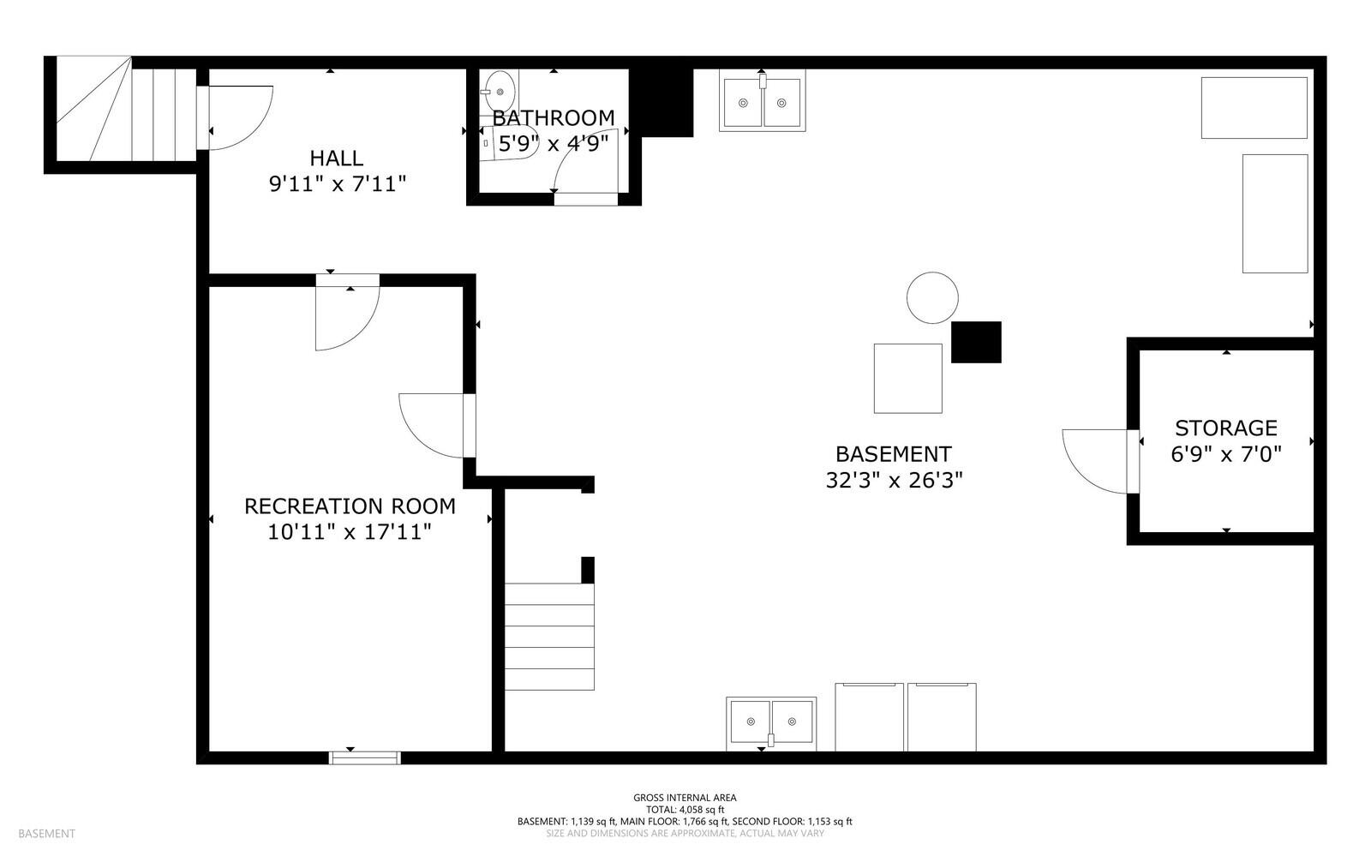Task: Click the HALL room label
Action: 336,159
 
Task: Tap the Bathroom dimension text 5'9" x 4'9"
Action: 554,144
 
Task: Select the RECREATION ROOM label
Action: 350,506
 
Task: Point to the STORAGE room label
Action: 1226,428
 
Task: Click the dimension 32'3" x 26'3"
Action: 895,481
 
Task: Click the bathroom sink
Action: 500,92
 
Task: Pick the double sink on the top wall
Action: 762,101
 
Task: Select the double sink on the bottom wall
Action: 771,723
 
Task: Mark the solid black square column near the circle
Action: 976,342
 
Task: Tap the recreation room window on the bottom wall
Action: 365,758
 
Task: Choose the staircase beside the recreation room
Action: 549,637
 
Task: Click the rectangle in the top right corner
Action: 1254,108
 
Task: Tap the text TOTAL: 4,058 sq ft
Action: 685,810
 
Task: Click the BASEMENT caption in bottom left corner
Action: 46,834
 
